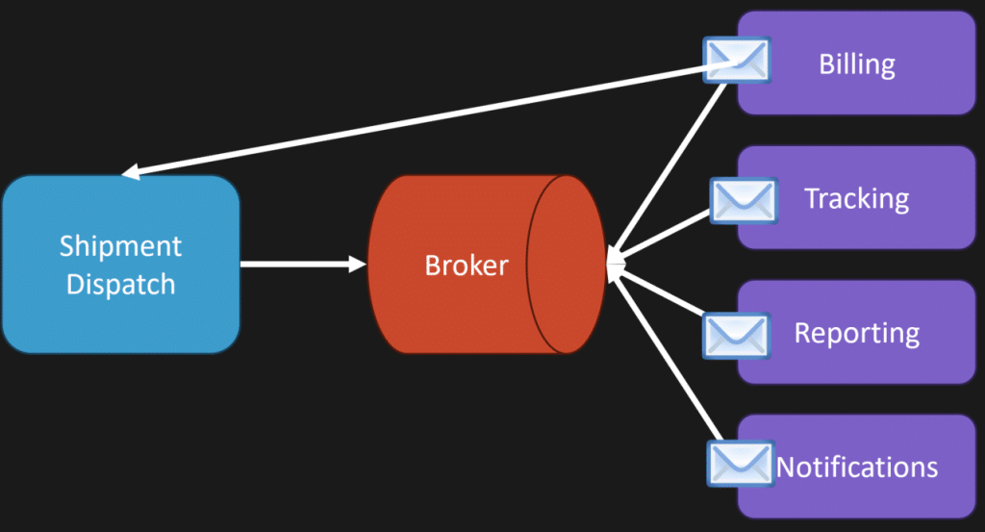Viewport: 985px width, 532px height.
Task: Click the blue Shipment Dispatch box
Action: point(120,264)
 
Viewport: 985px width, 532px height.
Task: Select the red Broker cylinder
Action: point(486,264)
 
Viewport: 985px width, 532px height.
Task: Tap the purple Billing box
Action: point(856,63)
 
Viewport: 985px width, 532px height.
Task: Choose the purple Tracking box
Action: point(856,198)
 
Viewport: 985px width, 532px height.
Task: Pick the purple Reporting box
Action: point(856,332)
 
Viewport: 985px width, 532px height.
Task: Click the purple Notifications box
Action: point(856,467)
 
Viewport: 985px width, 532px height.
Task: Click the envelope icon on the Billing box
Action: point(736,61)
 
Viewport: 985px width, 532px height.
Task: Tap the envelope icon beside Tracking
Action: point(744,201)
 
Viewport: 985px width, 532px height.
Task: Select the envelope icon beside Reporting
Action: point(736,336)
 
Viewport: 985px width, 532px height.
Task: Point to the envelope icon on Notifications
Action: point(740,464)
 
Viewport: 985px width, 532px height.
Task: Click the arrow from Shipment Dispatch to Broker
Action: point(303,264)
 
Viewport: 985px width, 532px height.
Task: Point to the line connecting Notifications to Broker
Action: point(667,352)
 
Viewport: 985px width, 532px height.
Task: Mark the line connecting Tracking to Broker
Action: point(660,237)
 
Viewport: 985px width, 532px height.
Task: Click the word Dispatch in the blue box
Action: point(120,285)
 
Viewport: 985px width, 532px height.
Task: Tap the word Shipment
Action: point(120,245)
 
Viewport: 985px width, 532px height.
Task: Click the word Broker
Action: point(467,266)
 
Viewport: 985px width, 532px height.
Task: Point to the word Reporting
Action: point(857,333)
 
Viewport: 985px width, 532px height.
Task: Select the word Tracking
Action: point(857,198)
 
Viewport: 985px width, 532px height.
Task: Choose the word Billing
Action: point(857,64)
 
